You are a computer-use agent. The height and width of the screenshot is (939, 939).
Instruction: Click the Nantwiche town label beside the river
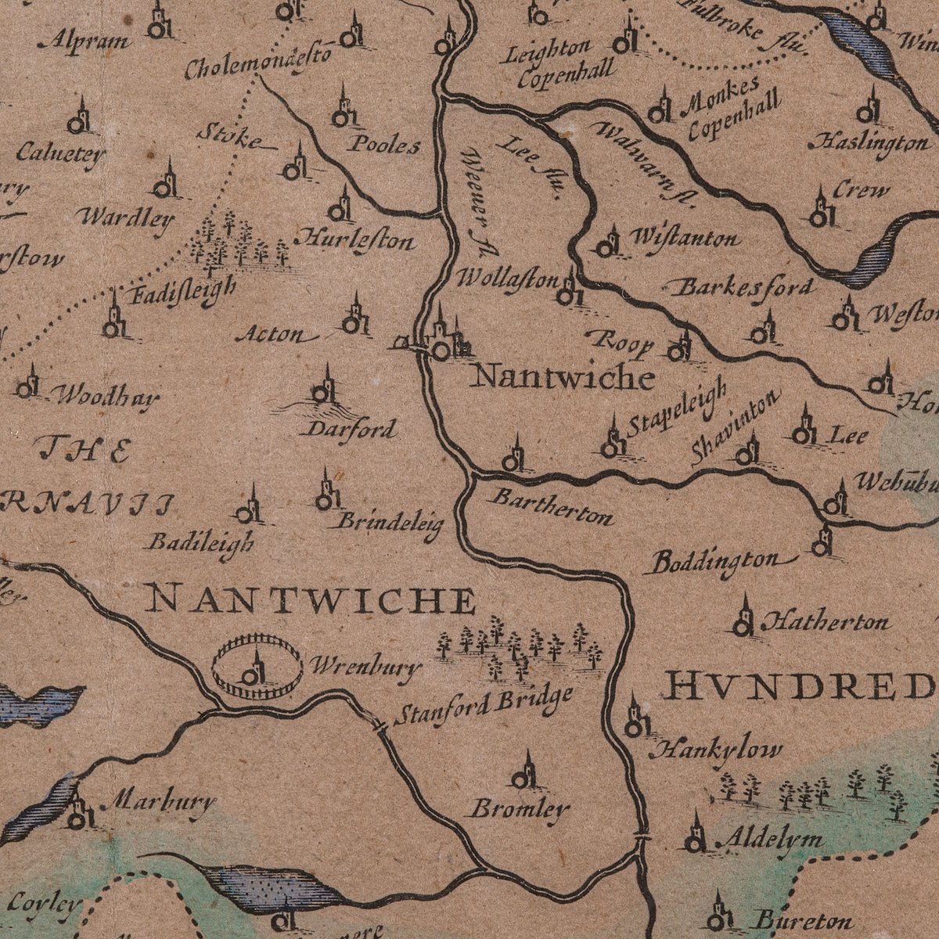pos(564,377)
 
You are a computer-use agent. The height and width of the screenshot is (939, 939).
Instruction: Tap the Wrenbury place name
pos(366,667)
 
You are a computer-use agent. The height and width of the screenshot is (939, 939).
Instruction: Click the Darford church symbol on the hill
pos(325,388)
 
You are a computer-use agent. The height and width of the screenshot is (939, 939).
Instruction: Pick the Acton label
pos(271,336)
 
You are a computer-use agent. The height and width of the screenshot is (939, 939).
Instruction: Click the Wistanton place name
pos(683,238)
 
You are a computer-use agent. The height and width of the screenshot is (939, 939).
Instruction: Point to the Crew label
pos(861,190)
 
